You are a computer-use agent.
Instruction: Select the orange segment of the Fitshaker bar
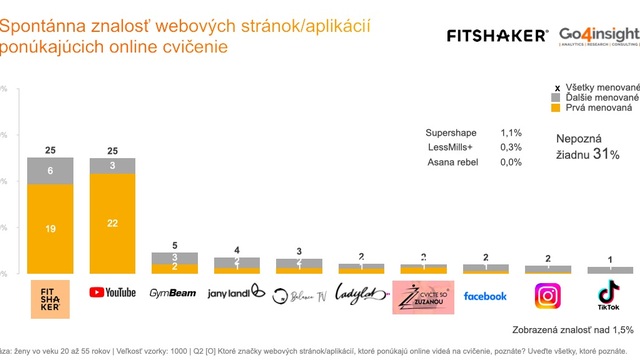click(x=49, y=228)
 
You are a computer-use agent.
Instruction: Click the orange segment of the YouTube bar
click(x=112, y=223)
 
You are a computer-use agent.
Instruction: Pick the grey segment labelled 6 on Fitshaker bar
click(x=49, y=171)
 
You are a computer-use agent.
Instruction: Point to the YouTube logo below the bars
click(x=112, y=292)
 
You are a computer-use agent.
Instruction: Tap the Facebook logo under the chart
click(x=485, y=296)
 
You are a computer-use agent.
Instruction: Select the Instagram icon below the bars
click(x=548, y=296)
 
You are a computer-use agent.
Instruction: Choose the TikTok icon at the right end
click(x=609, y=295)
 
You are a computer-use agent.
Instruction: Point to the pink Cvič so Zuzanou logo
click(x=422, y=296)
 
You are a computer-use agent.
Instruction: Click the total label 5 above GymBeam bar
click(x=174, y=245)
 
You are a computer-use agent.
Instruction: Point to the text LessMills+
click(x=448, y=147)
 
